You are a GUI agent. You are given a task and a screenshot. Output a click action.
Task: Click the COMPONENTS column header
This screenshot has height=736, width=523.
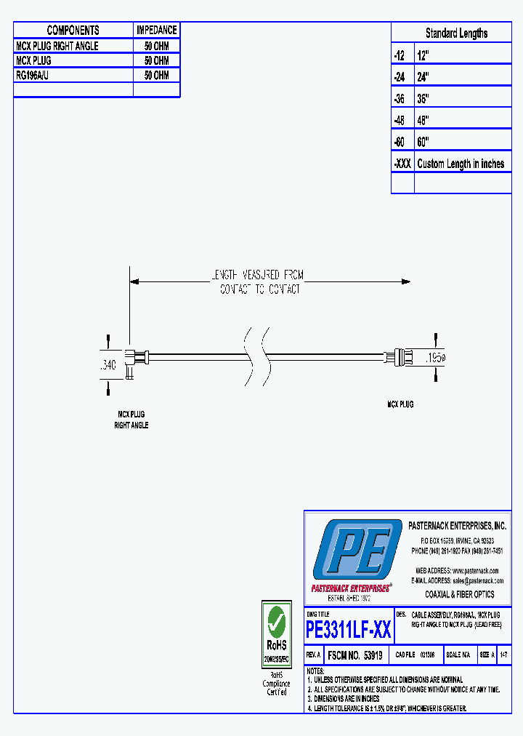click(73, 31)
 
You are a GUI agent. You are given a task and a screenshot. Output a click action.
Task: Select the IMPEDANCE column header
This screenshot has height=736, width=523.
click(156, 31)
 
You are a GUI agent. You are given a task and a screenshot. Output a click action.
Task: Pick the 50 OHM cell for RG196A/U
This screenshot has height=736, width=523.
click(156, 76)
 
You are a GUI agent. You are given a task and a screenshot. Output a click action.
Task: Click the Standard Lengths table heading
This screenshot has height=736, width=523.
click(456, 33)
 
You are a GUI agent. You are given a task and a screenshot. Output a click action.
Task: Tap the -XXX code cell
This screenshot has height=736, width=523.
click(402, 164)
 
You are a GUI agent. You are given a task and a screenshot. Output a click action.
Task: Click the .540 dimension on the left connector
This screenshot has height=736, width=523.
click(107, 365)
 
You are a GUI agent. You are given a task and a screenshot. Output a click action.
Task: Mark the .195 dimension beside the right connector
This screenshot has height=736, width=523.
click(434, 358)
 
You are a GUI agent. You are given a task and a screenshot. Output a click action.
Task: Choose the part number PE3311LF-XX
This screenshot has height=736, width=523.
click(349, 629)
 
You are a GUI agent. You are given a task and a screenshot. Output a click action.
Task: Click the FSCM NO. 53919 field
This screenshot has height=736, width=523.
click(355, 655)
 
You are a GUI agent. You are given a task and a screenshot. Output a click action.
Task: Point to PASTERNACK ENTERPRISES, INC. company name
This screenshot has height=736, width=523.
click(457, 526)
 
